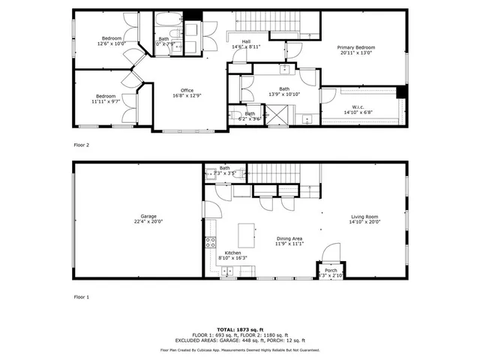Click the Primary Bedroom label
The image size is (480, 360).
(x=356, y=50)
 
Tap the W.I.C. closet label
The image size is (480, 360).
(x=358, y=109)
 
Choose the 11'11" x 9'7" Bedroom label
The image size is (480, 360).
(x=104, y=99)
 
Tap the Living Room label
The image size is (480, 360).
(x=365, y=219)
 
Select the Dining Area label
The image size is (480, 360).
(x=288, y=241)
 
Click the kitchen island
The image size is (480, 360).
(x=244, y=237)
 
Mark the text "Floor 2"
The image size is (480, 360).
(x=81, y=145)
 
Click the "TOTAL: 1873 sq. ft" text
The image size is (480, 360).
(x=239, y=329)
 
